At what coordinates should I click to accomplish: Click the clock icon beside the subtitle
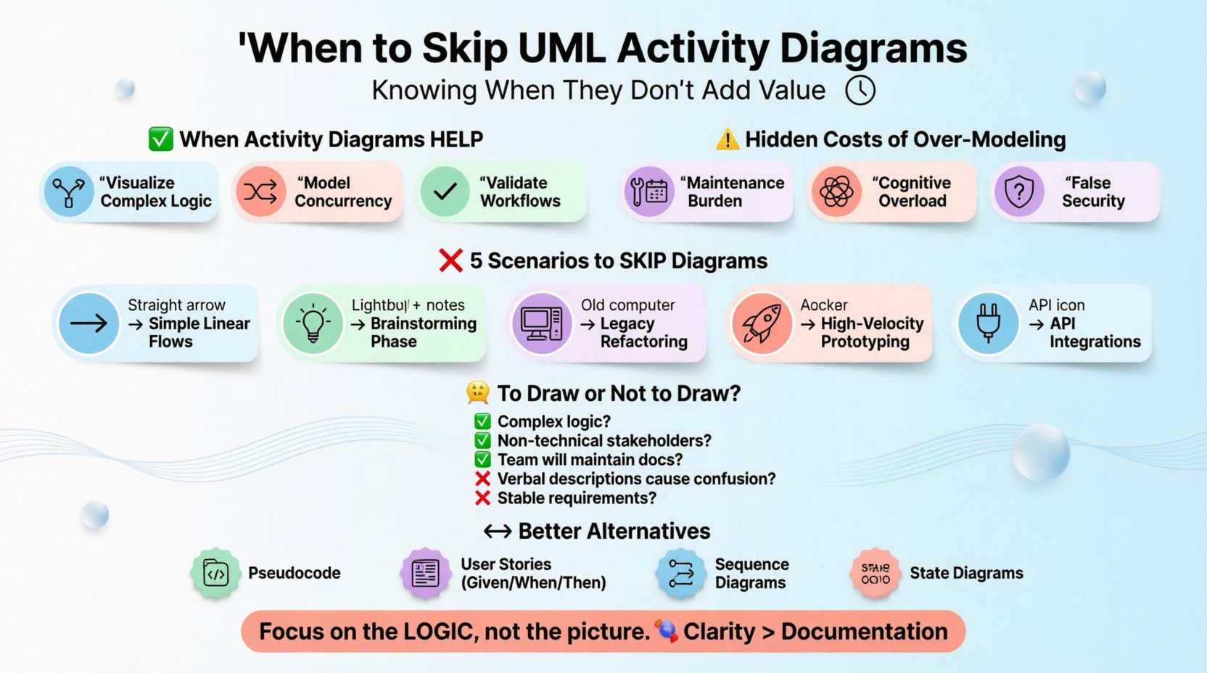coord(860,91)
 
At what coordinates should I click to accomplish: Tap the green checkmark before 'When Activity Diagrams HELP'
coord(160,139)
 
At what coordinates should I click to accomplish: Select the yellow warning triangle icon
coord(727,139)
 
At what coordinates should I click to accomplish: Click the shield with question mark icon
coord(1019,191)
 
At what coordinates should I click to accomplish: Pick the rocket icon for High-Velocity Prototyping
coord(762,323)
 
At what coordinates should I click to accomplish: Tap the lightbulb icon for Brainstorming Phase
coord(313,323)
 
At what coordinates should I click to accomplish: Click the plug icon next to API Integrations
coord(988,323)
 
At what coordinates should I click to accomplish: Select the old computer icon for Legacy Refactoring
coord(541,323)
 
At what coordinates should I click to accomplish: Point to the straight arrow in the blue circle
coord(88,323)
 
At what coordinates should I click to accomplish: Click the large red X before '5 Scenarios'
coord(450,260)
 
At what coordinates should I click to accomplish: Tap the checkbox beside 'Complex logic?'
coord(482,421)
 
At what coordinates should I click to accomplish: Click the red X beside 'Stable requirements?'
coord(482,498)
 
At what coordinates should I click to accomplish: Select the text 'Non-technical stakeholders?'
coord(603,440)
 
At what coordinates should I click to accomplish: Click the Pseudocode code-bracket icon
coord(215,574)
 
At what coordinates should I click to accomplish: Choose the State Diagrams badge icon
coord(876,574)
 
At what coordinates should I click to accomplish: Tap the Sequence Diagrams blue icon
coord(680,574)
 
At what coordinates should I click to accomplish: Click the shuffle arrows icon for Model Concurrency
coord(260,191)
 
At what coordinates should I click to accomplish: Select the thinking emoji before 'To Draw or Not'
coord(478,393)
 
